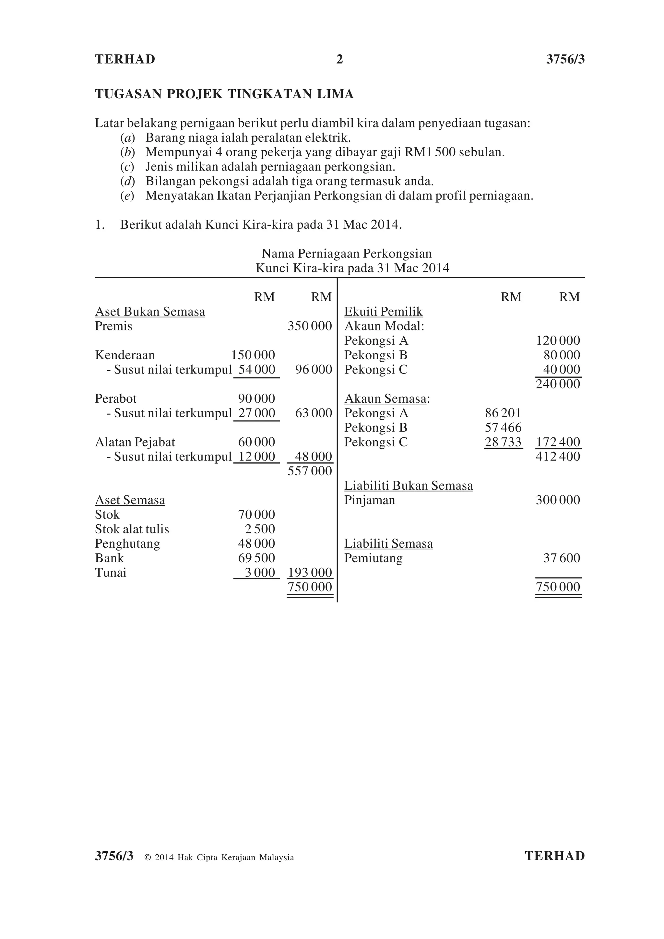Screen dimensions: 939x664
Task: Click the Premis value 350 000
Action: pyautogui.click(x=310, y=327)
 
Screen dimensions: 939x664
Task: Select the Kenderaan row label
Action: pyautogui.click(x=125, y=355)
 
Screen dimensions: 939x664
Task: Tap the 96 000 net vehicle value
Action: pyautogui.click(x=313, y=370)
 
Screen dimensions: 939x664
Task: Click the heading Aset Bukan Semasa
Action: pyautogui.click(x=150, y=312)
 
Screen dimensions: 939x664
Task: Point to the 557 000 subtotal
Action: pyautogui.click(x=310, y=471)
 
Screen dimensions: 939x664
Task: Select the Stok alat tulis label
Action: pyautogui.click(x=132, y=529)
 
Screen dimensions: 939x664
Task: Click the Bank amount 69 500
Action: pyautogui.click(x=256, y=558)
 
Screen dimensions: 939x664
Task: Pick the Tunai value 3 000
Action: pyautogui.click(x=260, y=573)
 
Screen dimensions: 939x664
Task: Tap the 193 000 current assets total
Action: pyautogui.click(x=310, y=573)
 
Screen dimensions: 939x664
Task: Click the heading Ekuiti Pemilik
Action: pyautogui.click(x=383, y=312)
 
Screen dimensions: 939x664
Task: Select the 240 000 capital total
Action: pyautogui.click(x=558, y=384)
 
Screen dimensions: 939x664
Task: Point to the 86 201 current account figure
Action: pyautogui.click(x=503, y=413)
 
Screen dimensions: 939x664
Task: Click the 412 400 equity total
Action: pyautogui.click(x=558, y=457)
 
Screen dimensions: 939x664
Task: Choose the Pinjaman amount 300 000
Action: pyautogui.click(x=558, y=500)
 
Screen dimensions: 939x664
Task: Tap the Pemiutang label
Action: pyautogui.click(x=373, y=558)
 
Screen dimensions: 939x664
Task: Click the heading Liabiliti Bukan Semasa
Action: pyautogui.click(x=409, y=486)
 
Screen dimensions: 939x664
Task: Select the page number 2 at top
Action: pyautogui.click(x=339, y=60)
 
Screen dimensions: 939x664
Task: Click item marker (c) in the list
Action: pyautogui.click(x=127, y=167)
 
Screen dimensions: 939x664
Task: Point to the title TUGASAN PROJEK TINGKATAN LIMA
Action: pyautogui.click(x=224, y=94)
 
